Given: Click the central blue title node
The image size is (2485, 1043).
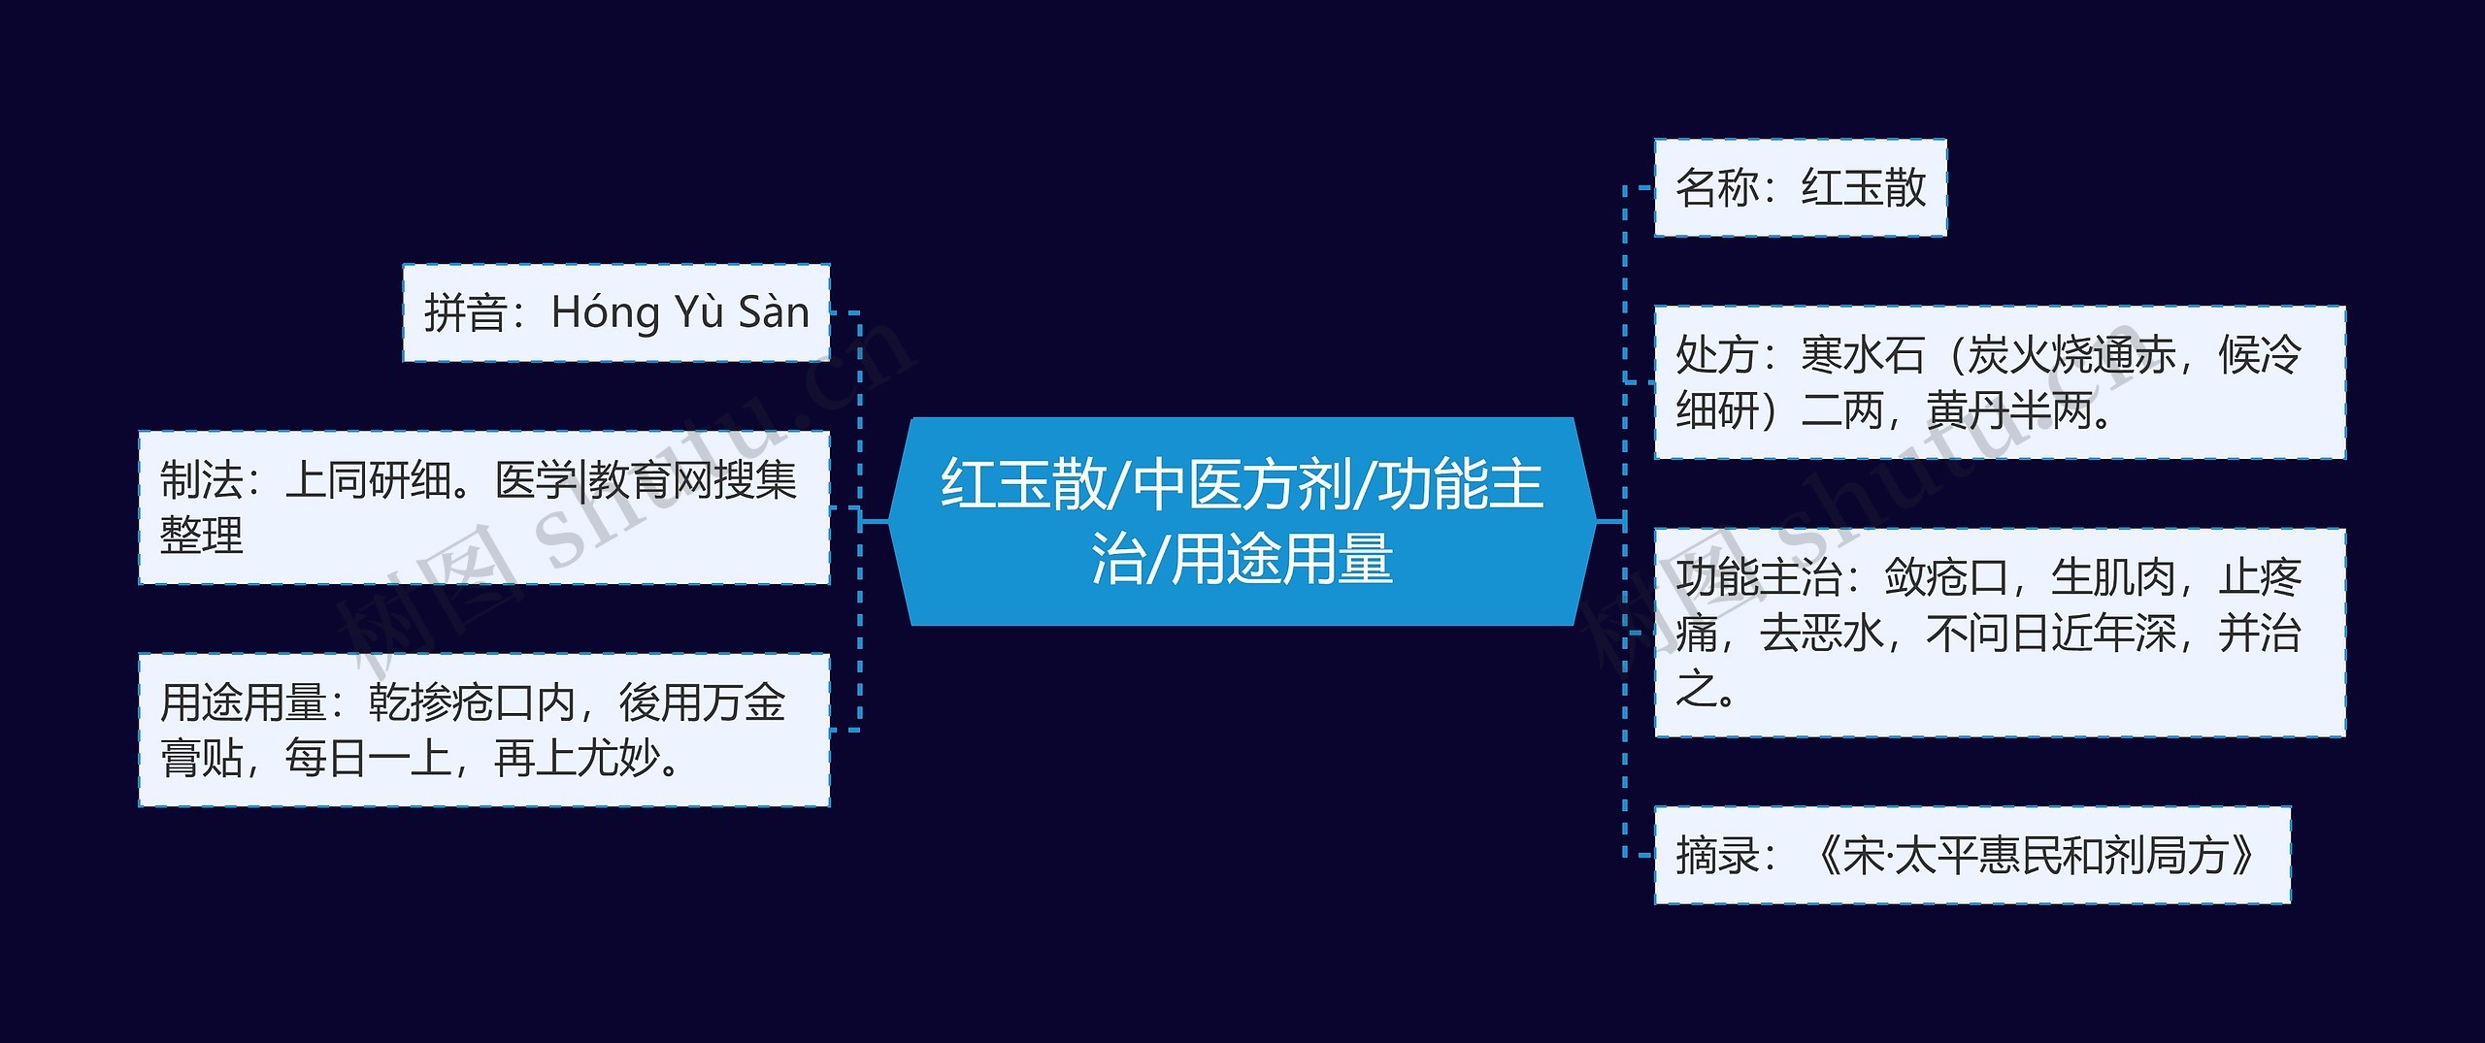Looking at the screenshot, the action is point(1242,522).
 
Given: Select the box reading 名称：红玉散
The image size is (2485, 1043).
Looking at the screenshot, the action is point(1801,187).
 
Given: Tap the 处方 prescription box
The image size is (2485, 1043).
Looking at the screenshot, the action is point(2000,382).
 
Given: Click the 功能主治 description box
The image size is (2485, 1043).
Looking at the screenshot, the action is point(2000,633).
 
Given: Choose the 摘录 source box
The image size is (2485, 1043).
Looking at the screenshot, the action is point(1972,855).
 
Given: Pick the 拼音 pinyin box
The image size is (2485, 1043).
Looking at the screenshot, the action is point(616,312).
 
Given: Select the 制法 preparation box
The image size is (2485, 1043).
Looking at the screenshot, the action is point(484,507).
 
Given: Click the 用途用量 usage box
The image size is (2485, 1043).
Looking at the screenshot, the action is point(484,730).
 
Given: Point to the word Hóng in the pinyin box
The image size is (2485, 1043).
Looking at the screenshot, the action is point(606,313).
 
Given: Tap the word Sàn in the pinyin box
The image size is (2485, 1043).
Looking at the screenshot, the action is point(774,311).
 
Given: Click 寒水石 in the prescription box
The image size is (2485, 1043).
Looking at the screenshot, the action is point(1863,354).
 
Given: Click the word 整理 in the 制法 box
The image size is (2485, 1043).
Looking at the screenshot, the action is point(202,536).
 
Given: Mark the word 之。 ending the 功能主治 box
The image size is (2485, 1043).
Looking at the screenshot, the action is point(1706,689).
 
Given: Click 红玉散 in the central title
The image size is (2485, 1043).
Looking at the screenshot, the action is point(1024,484).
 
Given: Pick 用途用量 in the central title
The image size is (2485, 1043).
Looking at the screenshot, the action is point(1282,559).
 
